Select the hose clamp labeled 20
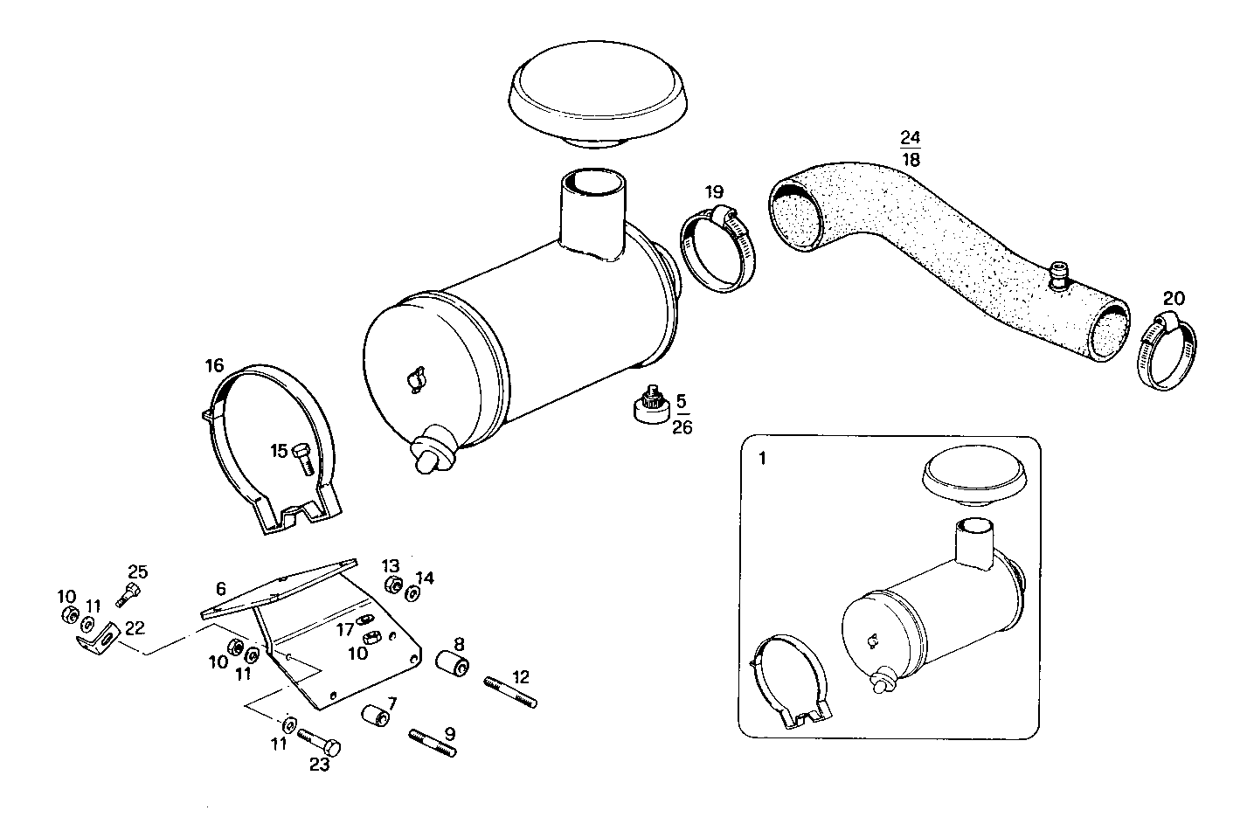point(1167,353)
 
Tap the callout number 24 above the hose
point(910,138)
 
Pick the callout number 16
point(215,365)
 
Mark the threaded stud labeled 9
point(433,744)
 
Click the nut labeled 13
point(392,585)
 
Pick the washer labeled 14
point(412,594)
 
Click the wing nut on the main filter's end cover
point(414,379)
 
